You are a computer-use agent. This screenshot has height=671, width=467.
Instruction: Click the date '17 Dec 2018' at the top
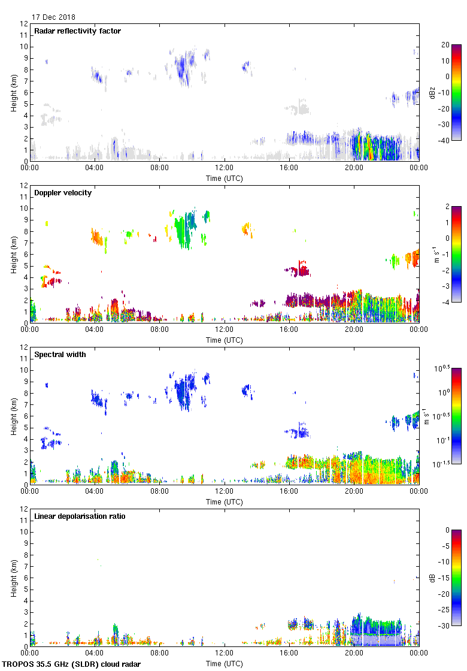53,17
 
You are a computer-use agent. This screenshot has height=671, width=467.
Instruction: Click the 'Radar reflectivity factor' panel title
78,31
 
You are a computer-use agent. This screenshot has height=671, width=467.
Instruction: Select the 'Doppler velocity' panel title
63,193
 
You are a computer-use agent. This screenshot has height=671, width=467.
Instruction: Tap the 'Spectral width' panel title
60,355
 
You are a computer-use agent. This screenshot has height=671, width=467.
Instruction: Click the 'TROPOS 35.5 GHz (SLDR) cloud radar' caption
72,664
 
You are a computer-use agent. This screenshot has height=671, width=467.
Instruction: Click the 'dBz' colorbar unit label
432,92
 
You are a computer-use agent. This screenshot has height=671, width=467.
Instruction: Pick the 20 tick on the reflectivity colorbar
445,45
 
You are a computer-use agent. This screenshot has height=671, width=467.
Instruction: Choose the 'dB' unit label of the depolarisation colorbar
432,578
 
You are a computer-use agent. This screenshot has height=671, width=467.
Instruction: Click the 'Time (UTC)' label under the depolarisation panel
224,663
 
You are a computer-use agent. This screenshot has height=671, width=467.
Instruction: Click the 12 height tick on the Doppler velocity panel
24,186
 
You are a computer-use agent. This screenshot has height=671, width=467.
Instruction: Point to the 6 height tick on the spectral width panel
26,416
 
